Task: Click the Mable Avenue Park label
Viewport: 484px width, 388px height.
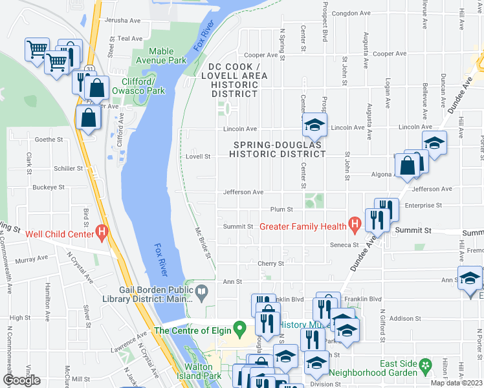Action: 168,56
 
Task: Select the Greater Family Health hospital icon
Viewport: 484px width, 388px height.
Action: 354,226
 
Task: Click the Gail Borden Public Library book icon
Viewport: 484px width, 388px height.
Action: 202,292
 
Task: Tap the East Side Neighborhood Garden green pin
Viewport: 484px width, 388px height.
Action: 425,367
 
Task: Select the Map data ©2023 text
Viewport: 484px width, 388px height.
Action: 456,383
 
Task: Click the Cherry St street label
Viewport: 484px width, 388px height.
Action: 271,264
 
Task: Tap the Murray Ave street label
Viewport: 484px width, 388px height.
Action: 33,258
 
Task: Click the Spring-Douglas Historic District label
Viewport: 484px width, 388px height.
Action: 280,149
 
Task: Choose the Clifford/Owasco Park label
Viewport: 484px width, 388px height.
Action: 138,86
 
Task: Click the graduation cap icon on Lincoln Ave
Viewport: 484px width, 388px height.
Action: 314,124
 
